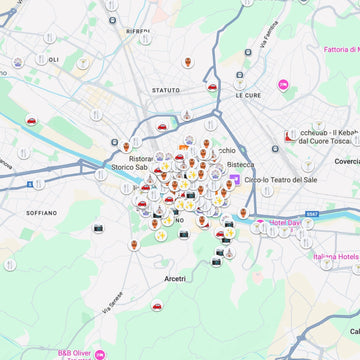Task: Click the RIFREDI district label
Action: point(138,32)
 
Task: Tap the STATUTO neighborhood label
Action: point(166,90)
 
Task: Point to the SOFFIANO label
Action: point(42,213)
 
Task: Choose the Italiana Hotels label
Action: point(337,257)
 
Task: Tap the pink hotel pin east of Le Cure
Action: point(283,86)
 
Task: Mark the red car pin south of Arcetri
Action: point(157,304)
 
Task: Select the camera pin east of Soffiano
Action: point(99,228)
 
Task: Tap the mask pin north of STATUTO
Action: point(187,62)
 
